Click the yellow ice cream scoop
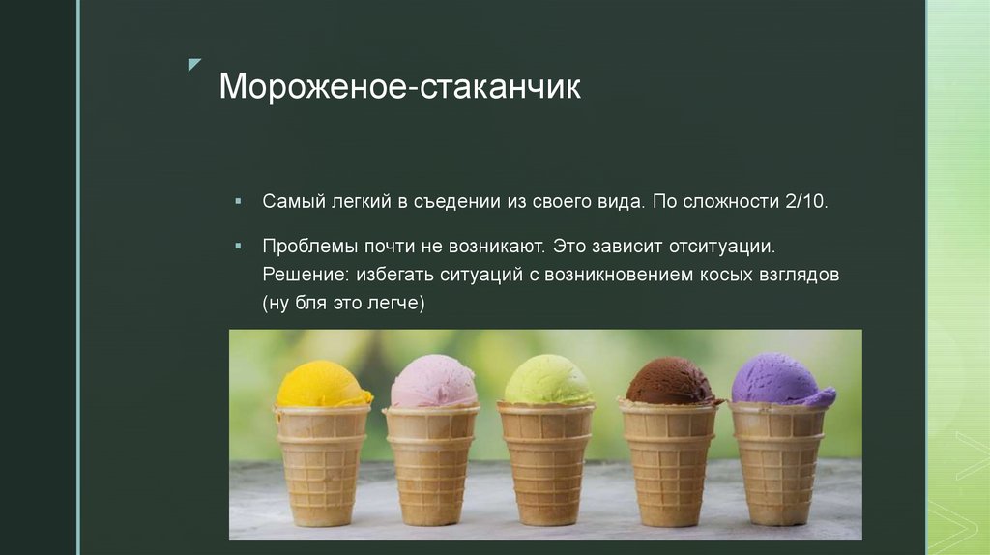click(322, 386)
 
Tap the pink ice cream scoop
click(434, 383)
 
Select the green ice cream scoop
click(547, 381)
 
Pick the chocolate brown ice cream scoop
click(670, 383)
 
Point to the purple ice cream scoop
click(780, 380)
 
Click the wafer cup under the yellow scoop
click(322, 464)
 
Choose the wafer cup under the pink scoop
click(431, 464)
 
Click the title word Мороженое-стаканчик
click(399, 87)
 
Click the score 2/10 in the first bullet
click(803, 202)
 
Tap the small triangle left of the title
click(194, 65)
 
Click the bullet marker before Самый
click(238, 202)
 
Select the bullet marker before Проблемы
click(238, 247)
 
